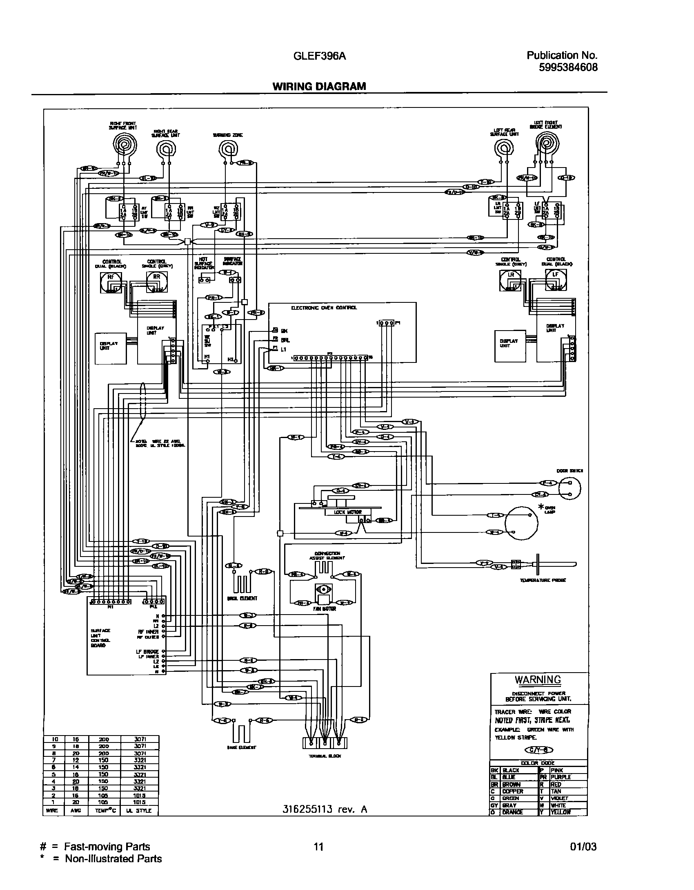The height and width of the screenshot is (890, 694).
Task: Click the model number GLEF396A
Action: [320, 56]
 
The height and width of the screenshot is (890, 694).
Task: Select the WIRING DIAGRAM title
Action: [319, 86]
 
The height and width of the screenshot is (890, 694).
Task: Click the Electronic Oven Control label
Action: [324, 308]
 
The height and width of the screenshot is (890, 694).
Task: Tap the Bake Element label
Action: [242, 747]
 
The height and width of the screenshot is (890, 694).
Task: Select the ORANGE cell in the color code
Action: [513, 812]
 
